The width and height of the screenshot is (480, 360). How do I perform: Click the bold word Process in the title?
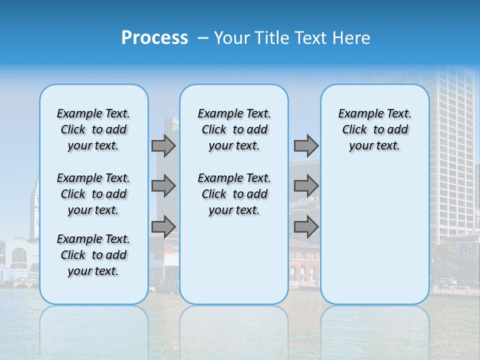pyautogui.click(x=154, y=38)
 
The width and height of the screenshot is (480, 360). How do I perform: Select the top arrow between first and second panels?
pyautogui.click(x=163, y=145)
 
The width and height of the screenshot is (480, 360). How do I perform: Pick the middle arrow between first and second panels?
pyautogui.click(x=163, y=186)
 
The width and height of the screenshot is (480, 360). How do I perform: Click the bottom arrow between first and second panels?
pyautogui.click(x=163, y=227)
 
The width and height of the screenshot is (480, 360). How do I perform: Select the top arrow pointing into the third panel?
pyautogui.click(x=306, y=145)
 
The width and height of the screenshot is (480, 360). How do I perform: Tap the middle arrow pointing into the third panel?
pyautogui.click(x=306, y=186)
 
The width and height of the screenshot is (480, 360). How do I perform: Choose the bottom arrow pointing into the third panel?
pyautogui.click(x=306, y=227)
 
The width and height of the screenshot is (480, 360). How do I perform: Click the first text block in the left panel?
pyautogui.click(x=93, y=129)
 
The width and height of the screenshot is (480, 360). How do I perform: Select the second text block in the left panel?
pyautogui.click(x=93, y=194)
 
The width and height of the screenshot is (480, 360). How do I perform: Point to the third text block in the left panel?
pyautogui.click(x=93, y=255)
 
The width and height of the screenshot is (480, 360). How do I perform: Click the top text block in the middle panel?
pyautogui.click(x=234, y=129)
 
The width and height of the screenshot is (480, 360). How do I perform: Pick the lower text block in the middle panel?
pyautogui.click(x=234, y=194)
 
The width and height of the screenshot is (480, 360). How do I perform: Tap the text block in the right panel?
pyautogui.click(x=374, y=129)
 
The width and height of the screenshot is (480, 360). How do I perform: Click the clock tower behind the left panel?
pyautogui.click(x=34, y=205)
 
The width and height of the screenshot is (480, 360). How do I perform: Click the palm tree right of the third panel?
pyautogui.click(x=443, y=255)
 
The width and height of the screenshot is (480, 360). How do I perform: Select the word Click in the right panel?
pyautogui.click(x=354, y=130)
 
